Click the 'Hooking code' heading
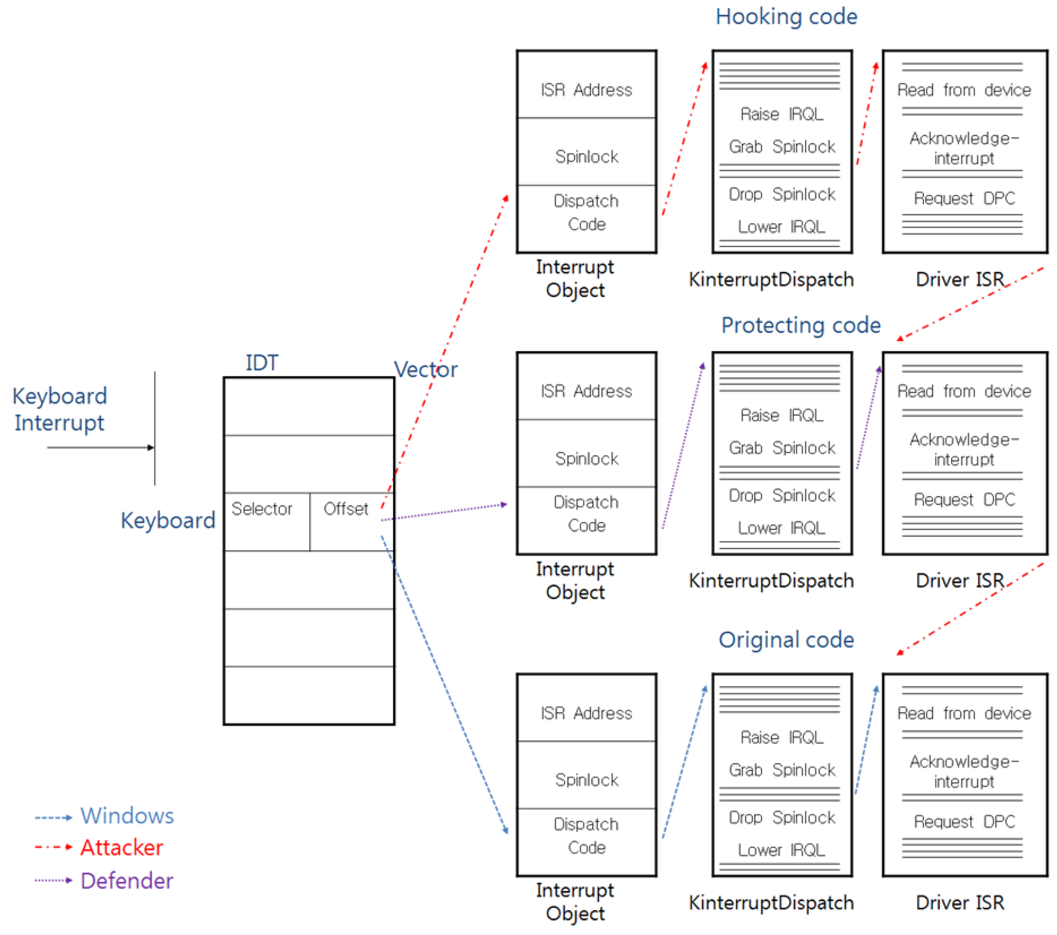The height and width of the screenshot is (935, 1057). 786,17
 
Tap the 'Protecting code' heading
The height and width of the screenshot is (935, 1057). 801,325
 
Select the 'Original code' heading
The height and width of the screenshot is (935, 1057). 786,639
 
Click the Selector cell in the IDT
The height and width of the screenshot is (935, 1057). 262,509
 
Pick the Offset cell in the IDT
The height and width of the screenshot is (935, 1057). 345,509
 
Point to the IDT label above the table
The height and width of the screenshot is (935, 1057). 261,363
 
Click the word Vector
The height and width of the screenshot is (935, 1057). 426,370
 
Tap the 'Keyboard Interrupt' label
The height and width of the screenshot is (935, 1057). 59,409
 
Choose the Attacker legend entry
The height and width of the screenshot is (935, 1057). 122,847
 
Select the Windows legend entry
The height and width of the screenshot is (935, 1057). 127,816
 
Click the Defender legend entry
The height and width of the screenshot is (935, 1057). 127,880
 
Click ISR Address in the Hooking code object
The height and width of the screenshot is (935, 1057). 586,90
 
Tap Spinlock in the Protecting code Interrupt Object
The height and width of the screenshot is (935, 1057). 586,459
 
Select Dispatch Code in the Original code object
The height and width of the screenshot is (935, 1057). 586,836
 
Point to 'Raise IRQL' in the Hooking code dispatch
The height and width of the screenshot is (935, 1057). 781,114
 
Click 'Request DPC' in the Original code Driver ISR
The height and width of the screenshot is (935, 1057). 964,821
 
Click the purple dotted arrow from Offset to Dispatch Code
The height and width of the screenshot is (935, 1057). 445,512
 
